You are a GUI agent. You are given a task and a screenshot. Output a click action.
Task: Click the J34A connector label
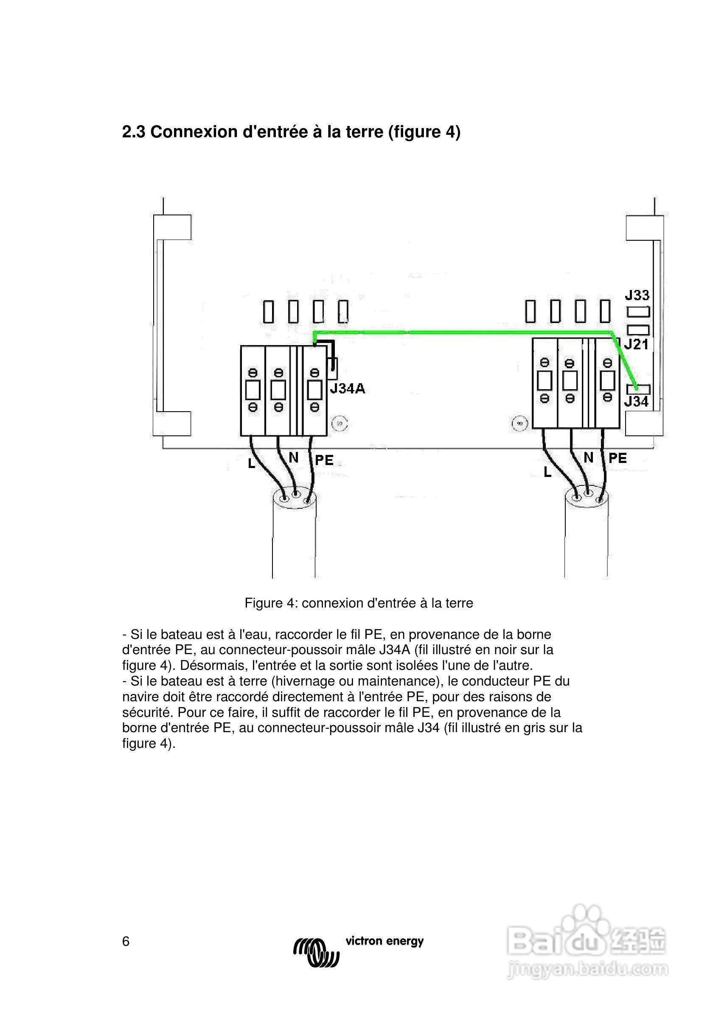(x=348, y=388)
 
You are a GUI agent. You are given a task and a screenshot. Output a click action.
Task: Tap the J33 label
(x=637, y=295)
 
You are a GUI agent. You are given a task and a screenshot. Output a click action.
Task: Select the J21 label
(x=637, y=344)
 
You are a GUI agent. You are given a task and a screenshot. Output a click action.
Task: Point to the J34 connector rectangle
(x=638, y=389)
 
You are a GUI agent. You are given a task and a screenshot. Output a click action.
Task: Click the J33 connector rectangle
(x=638, y=312)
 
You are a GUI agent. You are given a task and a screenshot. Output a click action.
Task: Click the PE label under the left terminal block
(x=324, y=460)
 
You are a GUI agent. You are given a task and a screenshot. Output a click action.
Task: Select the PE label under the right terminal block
(x=618, y=458)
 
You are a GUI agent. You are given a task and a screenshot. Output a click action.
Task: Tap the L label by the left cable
(x=252, y=463)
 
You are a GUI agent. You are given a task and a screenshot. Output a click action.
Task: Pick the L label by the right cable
(x=547, y=472)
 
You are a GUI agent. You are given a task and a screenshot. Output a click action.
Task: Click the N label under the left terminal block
(x=293, y=458)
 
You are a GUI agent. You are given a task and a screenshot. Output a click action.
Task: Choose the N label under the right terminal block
(x=589, y=457)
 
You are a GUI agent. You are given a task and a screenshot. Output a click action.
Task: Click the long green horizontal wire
(x=462, y=333)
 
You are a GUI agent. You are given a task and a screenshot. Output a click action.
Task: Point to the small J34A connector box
(x=333, y=369)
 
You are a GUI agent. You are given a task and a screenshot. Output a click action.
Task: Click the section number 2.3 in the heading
(x=133, y=132)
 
